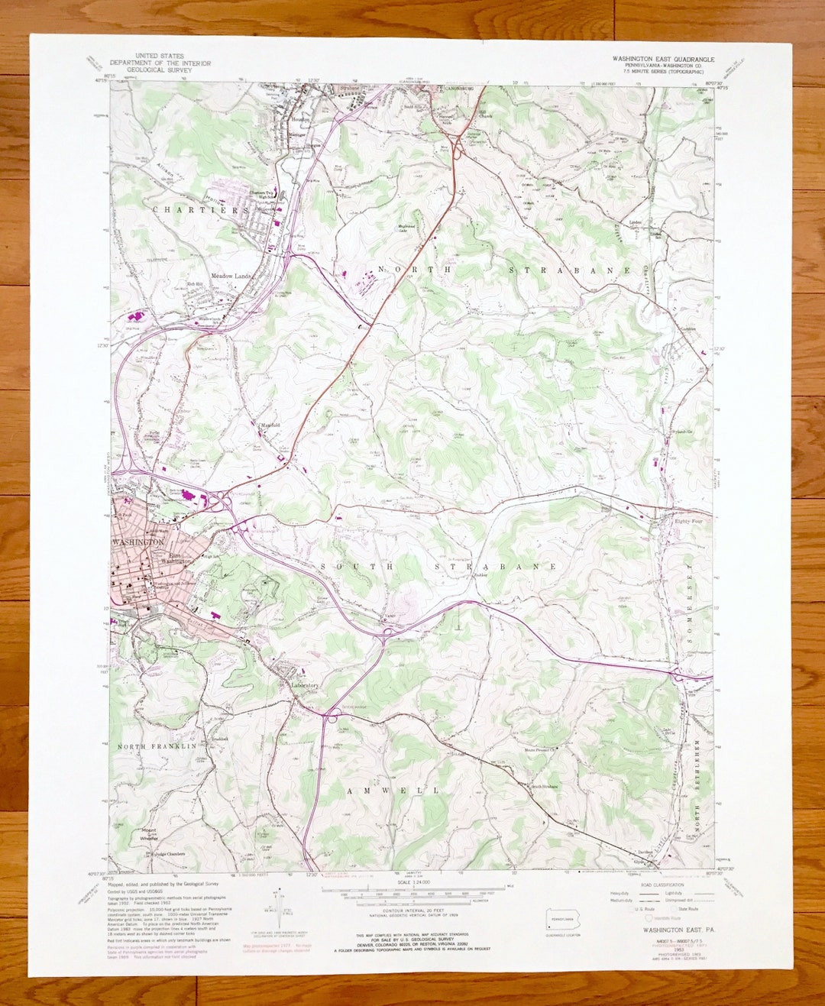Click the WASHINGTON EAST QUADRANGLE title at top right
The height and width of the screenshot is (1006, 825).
click(x=663, y=59)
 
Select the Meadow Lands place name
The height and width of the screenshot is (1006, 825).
click(x=231, y=276)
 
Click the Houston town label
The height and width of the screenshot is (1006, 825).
click(x=300, y=120)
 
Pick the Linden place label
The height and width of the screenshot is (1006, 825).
click(x=636, y=222)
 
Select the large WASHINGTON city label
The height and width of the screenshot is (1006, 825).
click(x=137, y=542)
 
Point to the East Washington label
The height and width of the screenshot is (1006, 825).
click(x=176, y=558)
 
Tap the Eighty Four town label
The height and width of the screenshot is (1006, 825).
click(x=692, y=521)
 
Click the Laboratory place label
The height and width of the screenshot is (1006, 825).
click(x=304, y=685)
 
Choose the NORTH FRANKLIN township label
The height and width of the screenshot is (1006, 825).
click(x=157, y=746)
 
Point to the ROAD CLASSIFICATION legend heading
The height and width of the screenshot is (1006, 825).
click(x=658, y=885)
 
